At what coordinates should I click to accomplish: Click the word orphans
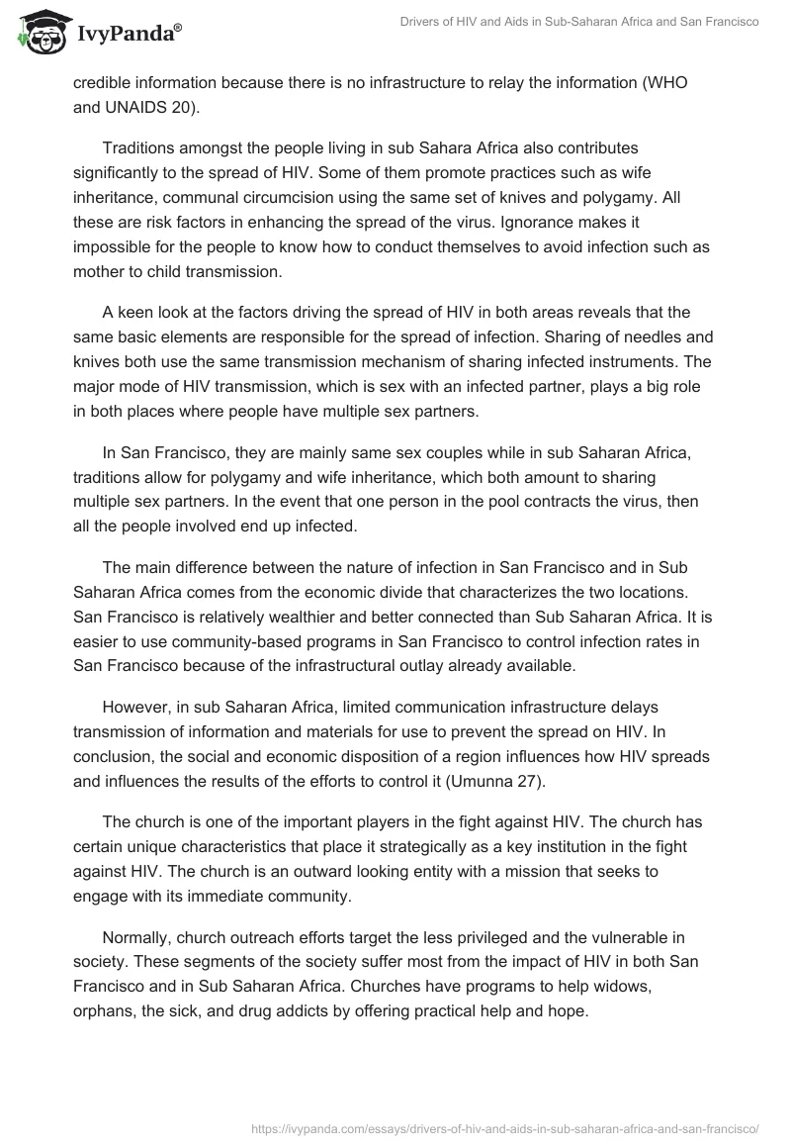tap(105, 1012)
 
